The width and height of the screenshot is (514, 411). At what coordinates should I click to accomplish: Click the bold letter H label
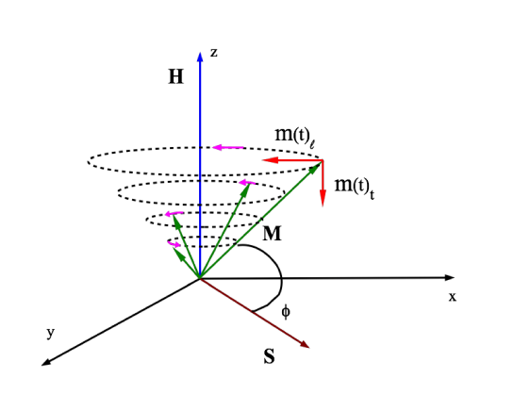click(x=175, y=77)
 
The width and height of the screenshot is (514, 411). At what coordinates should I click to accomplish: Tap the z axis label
click(x=214, y=53)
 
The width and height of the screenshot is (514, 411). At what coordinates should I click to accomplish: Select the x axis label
click(x=453, y=296)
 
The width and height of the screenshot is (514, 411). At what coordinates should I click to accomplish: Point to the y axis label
click(x=50, y=333)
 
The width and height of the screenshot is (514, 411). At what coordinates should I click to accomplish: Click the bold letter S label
click(x=270, y=357)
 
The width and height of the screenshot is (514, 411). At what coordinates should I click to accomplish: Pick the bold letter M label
click(x=272, y=233)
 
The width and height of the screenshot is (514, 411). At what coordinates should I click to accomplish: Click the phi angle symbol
click(x=287, y=309)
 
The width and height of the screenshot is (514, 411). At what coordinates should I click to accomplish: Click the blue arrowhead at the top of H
click(x=200, y=54)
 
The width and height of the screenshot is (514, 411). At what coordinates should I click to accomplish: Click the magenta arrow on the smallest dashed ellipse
click(x=174, y=245)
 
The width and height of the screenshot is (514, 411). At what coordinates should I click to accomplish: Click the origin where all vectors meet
click(x=200, y=278)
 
